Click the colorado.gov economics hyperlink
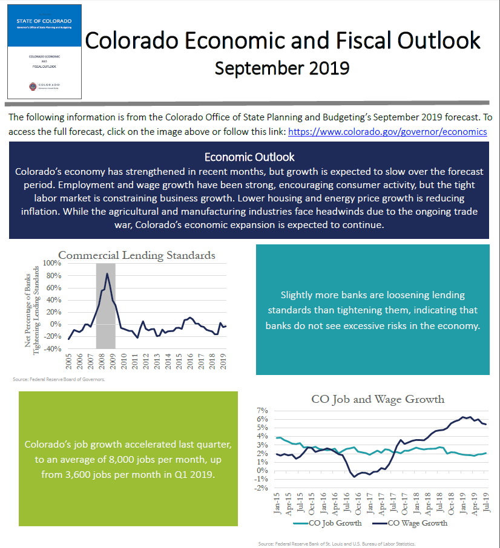387,132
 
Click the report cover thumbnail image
44,52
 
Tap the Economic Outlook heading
249,157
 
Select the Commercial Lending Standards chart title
136,255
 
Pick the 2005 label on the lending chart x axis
68,362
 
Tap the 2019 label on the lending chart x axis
224,362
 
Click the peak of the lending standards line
107,273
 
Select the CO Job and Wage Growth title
378,399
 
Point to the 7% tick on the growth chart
262,410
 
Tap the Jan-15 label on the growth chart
277,503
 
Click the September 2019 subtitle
282,68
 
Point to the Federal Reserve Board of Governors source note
59,380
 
